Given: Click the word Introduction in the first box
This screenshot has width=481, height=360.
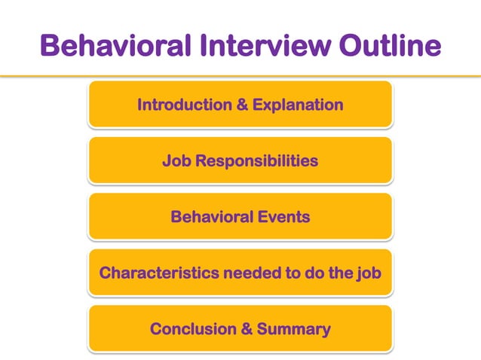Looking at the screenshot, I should coord(184,105).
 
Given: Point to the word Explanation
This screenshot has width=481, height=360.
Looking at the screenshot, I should coord(298,105).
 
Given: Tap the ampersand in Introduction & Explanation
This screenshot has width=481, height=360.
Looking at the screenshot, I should coord(242,105).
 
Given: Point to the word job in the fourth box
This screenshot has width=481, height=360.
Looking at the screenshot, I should coord(369,273).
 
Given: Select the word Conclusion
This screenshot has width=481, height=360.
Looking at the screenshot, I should coord(195,330).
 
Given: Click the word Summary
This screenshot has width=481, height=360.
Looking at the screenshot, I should coord(293,330).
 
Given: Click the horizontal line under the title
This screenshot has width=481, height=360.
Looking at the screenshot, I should coord(240,76).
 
